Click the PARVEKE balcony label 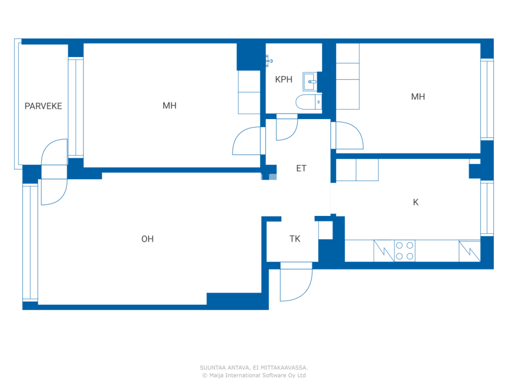(43, 106)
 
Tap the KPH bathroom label (283, 79)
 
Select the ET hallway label (301, 168)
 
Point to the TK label (295, 239)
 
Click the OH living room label (147, 239)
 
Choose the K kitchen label (416, 202)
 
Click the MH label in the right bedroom (418, 97)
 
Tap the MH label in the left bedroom (169, 106)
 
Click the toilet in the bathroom (308, 102)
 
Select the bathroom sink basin (310, 81)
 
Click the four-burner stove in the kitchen (404, 251)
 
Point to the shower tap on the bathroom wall (269, 61)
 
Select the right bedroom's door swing (348, 135)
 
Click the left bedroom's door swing (247, 141)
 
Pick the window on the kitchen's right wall (487, 208)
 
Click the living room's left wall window (30, 242)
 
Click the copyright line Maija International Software (254, 375)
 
